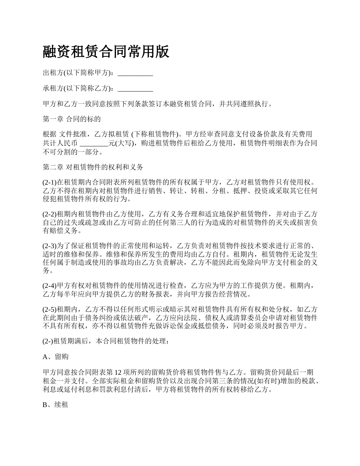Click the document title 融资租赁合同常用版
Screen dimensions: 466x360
106,52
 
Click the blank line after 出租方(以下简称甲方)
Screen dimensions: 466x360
135,73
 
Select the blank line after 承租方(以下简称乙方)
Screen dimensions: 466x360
135,89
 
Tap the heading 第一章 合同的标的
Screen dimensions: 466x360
72,119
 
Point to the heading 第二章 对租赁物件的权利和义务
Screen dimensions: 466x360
92,167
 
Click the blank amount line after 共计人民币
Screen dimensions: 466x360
94,144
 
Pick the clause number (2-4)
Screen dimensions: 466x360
50,286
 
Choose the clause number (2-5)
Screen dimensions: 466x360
50,310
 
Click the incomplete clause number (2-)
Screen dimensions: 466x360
48,341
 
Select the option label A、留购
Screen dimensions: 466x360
55,357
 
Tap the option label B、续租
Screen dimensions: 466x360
55,405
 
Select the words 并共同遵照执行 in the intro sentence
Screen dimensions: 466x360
245,104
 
